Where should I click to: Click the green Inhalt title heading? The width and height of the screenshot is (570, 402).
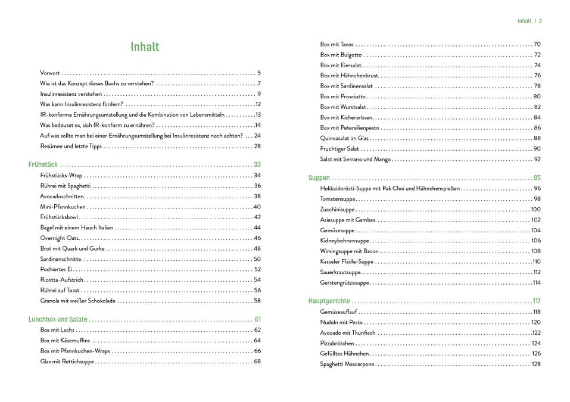(145, 46)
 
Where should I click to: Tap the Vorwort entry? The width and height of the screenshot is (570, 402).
(49, 73)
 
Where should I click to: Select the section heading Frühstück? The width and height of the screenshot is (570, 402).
(43, 164)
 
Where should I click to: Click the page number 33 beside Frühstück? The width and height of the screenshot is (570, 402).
(257, 164)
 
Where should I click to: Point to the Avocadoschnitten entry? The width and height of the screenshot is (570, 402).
(63, 196)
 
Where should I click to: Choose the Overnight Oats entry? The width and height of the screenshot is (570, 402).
(60, 238)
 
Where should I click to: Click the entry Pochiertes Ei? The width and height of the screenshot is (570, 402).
(57, 269)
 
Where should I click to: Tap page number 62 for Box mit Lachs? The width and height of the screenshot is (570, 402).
(257, 330)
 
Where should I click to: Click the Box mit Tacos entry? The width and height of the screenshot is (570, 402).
(337, 44)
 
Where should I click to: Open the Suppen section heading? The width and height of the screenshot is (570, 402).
(319, 177)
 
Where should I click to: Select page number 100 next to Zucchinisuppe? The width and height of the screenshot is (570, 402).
(535, 209)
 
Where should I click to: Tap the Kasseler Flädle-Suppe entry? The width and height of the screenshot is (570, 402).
(347, 261)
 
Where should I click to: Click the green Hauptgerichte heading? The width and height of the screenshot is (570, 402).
(329, 301)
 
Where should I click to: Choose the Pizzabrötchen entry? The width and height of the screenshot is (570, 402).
(337, 343)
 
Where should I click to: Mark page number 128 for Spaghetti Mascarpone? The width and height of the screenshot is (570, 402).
(535, 364)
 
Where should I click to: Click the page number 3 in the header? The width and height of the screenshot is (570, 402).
(540, 21)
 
